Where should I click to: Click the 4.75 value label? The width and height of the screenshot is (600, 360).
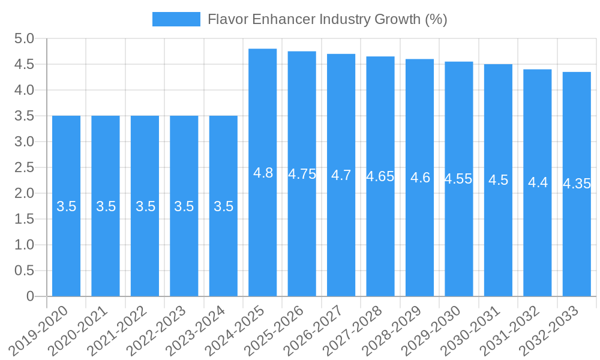[x=302, y=174]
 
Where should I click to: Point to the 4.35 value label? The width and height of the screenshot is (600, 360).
[x=577, y=184]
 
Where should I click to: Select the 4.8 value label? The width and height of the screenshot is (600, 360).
[x=263, y=173]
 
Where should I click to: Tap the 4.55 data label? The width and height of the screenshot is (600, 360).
[x=458, y=179]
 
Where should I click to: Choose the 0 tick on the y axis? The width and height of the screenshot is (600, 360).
[x=31, y=296]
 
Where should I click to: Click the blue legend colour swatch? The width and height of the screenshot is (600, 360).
[x=176, y=19]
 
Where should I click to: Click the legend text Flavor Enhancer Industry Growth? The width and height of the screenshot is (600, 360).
[x=327, y=19]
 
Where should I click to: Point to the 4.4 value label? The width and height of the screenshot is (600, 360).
[x=538, y=182]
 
